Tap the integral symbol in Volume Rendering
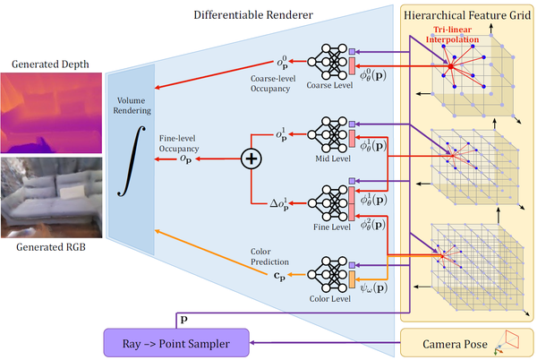coord(130,159)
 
